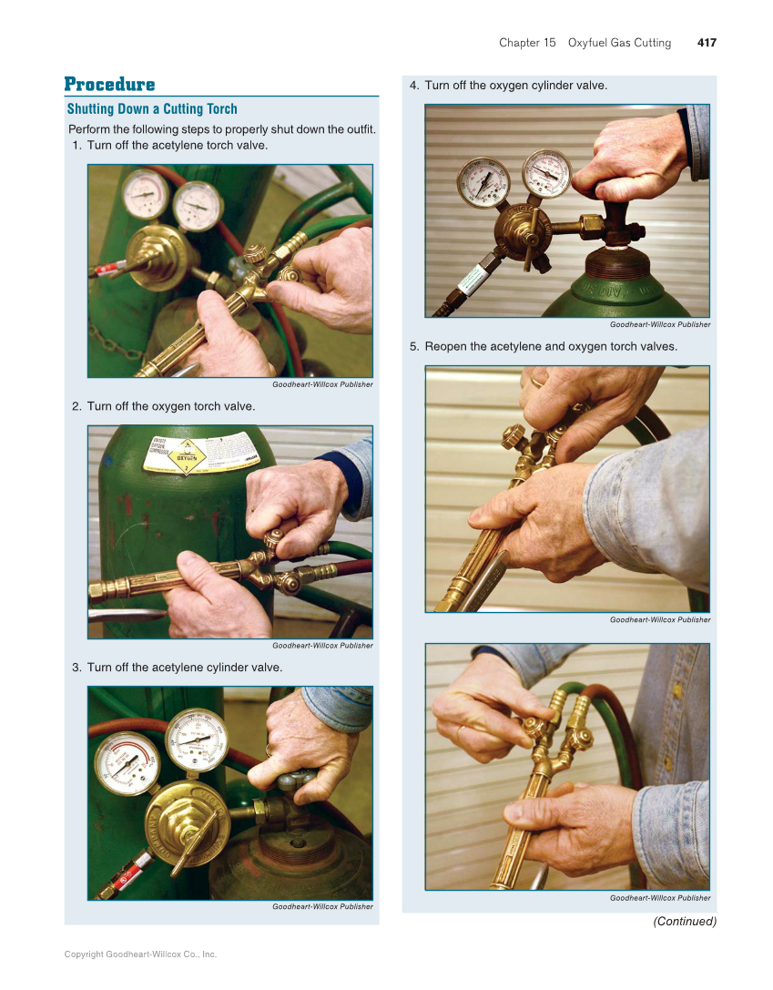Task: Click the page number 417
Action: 707,43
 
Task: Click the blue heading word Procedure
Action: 109,85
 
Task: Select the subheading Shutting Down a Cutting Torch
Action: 152,109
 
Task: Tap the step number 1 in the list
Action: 76,145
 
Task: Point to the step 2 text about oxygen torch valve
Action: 170,406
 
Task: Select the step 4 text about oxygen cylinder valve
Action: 515,86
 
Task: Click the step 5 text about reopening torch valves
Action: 550,347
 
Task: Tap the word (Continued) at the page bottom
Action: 685,922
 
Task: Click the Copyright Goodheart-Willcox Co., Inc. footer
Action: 140,954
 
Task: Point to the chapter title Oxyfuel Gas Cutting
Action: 619,43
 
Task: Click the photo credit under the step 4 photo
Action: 660,324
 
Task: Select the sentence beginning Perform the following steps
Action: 222,128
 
